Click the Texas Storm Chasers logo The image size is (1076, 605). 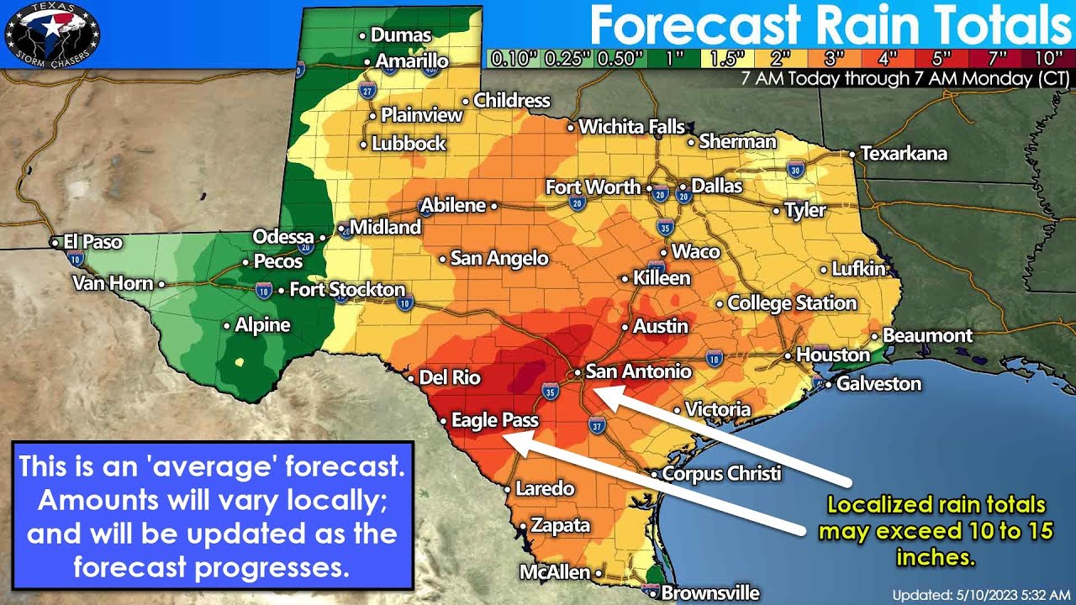(52, 33)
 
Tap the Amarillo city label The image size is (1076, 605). (411, 61)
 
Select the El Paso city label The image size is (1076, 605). (92, 242)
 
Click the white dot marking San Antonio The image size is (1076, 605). (578, 372)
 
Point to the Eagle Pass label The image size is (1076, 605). (494, 420)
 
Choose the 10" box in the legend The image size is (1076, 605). (1048, 59)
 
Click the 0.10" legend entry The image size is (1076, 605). (512, 59)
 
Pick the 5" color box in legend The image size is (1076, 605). (941, 59)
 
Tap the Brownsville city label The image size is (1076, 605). (709, 593)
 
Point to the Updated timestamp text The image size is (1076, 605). (980, 595)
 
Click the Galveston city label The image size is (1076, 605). (878, 384)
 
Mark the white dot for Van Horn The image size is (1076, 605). (161, 284)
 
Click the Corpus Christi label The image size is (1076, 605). (721, 473)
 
